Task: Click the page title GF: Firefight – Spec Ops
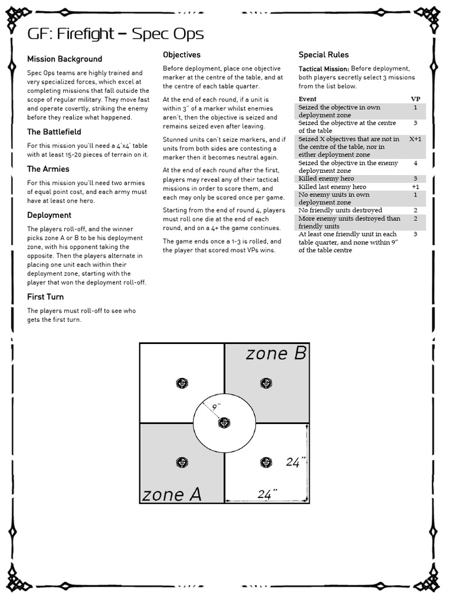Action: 116,34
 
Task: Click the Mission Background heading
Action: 64,59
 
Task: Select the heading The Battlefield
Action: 54,132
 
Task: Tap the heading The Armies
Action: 48,169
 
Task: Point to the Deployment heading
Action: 49,215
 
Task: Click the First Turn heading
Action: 45,297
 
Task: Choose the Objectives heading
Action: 181,55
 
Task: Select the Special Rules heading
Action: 324,55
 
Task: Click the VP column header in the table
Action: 416,99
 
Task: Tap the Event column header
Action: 308,99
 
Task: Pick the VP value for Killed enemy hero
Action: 415,179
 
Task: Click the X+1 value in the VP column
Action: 415,139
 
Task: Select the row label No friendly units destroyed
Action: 340,210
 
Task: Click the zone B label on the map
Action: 276,353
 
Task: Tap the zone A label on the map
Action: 171,495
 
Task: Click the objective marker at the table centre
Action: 224,423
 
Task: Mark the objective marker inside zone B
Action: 266,384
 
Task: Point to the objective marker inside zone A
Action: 182,463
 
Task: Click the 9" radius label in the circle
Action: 216,406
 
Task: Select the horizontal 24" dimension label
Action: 266,495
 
